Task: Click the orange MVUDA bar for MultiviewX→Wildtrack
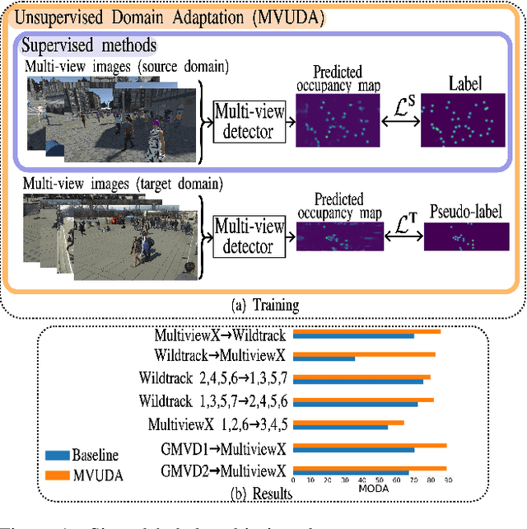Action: [x=367, y=331]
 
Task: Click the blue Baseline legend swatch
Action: [x=57, y=456]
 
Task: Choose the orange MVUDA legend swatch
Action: [x=57, y=474]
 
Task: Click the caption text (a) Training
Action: [x=263, y=305]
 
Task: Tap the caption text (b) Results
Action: [x=264, y=494]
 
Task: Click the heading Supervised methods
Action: [x=89, y=46]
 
